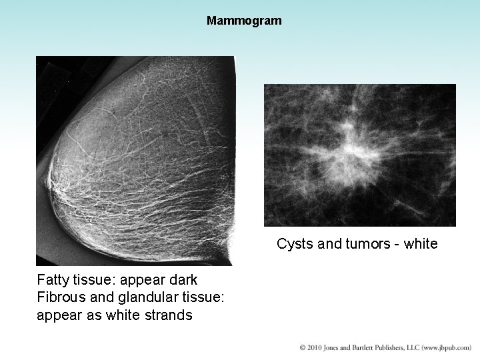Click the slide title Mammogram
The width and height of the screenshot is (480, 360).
click(244, 21)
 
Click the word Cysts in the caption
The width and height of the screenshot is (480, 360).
click(293, 244)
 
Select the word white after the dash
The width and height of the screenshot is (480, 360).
click(421, 244)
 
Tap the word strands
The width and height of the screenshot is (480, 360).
click(169, 315)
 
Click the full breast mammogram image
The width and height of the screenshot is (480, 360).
click(135, 160)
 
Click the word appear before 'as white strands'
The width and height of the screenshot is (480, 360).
click(58, 315)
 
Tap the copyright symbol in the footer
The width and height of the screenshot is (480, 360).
click(303, 347)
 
